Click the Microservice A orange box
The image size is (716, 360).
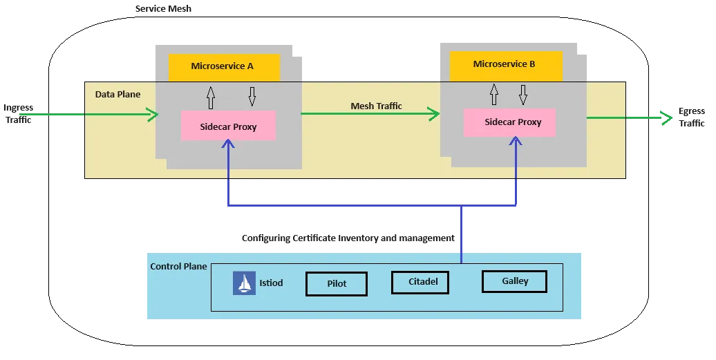pos(224,67)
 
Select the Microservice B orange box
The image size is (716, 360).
pos(505,65)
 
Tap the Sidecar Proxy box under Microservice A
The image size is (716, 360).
pos(228,126)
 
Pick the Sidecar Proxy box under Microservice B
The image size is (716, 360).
pos(512,122)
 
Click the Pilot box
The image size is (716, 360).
pos(337,284)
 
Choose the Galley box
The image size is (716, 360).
pos(515,281)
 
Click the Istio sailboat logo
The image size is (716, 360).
pos(244,283)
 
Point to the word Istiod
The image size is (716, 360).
pos(271,283)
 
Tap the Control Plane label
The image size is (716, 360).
pos(178,267)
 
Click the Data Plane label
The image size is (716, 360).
pos(117,94)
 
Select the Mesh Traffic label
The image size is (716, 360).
pos(376,106)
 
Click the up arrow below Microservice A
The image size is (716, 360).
pos(211,97)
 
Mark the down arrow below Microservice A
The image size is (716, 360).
pos(252,97)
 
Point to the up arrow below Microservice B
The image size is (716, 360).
pos(493,94)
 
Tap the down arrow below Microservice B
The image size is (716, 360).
pos(523,95)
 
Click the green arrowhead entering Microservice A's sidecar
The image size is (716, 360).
pos(153,115)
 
